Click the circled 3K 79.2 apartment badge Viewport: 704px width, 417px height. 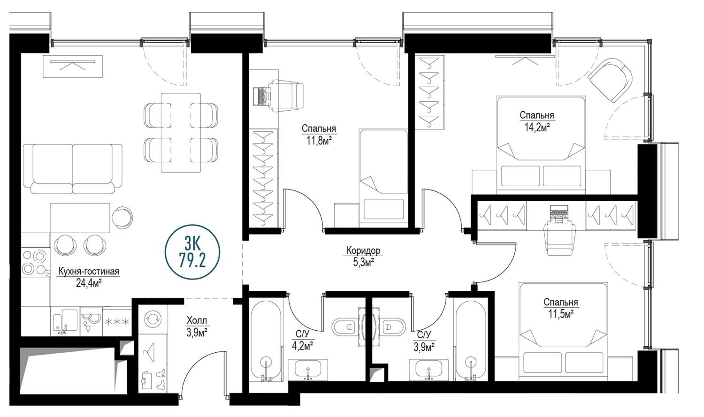point(192,252)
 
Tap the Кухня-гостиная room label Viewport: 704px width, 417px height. point(89,271)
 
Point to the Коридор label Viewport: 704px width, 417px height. point(363,250)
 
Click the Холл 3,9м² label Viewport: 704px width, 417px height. point(197,326)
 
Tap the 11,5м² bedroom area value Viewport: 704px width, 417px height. point(561,314)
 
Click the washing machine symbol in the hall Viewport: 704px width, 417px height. point(153,319)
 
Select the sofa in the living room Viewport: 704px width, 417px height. point(72,169)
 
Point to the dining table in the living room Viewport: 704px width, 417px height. point(181,132)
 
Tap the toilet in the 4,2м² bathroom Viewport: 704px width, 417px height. point(344,327)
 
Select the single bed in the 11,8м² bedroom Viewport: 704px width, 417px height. point(383,178)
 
